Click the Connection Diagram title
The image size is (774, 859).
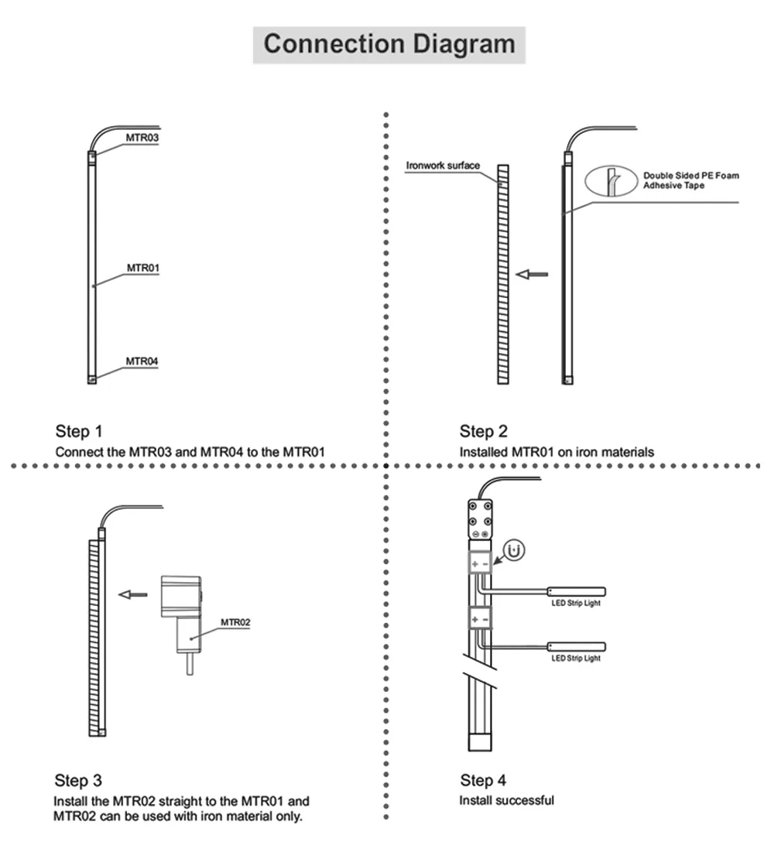click(x=389, y=44)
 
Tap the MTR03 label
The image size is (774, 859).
click(x=142, y=138)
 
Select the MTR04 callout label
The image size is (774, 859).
click(x=142, y=361)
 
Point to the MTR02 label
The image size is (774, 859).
click(x=235, y=622)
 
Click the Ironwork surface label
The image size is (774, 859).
click(x=443, y=166)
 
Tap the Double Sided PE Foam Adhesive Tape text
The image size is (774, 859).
click(x=690, y=180)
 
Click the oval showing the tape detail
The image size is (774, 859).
click(x=611, y=181)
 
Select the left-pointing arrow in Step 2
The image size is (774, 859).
click(x=532, y=274)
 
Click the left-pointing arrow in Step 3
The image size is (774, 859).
click(x=133, y=594)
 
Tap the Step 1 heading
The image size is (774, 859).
click(x=79, y=432)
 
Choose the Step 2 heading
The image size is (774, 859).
click(x=484, y=432)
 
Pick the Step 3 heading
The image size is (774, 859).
click(x=78, y=781)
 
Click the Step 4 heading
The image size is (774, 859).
click(x=483, y=780)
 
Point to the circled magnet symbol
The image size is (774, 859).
click(x=514, y=550)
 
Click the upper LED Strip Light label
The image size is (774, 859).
click(x=576, y=603)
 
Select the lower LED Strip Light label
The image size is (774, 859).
click(x=576, y=659)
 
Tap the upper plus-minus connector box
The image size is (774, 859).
click(x=480, y=563)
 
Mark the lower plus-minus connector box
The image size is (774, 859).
click(x=480, y=618)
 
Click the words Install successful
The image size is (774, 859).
click(x=507, y=800)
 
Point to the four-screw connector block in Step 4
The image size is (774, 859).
click(x=480, y=519)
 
